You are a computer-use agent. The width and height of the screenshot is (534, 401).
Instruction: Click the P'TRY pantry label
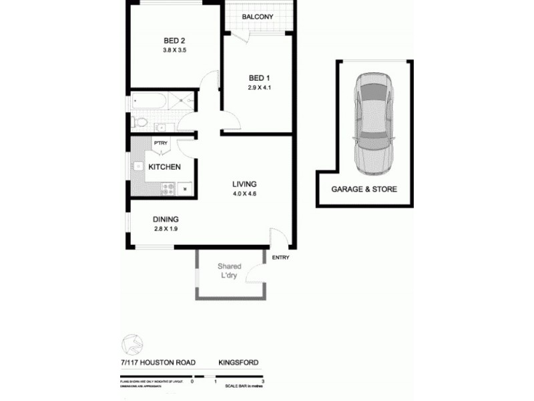coord(160,143)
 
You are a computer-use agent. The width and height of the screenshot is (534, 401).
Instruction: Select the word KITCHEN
coord(164,167)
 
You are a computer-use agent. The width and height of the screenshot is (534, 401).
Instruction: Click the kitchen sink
coord(138,166)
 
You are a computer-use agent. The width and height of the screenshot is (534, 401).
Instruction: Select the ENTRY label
coord(280,257)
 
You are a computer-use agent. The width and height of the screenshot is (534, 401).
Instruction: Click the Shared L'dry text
coord(229,271)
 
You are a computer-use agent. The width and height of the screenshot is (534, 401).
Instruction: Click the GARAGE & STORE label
coord(364,189)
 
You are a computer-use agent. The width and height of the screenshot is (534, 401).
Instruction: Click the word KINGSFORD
coord(238,363)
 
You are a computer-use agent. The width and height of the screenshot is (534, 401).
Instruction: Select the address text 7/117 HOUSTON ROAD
coord(154,363)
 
